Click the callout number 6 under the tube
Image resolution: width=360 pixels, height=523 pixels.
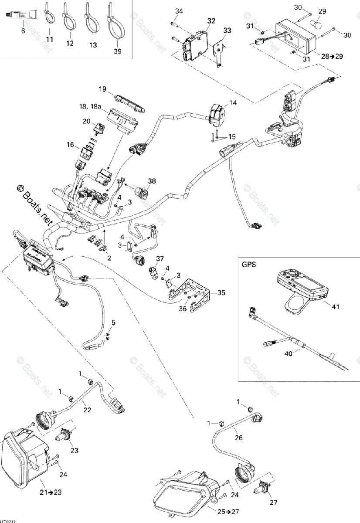click(x=23, y=31)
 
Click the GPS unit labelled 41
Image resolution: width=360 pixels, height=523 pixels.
click(x=301, y=288)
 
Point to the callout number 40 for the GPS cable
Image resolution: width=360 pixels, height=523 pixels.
click(x=288, y=354)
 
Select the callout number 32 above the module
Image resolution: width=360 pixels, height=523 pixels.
click(x=211, y=20)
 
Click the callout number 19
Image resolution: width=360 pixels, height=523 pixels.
click(x=102, y=89)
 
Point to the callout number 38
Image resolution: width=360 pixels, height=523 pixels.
click(x=151, y=180)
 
